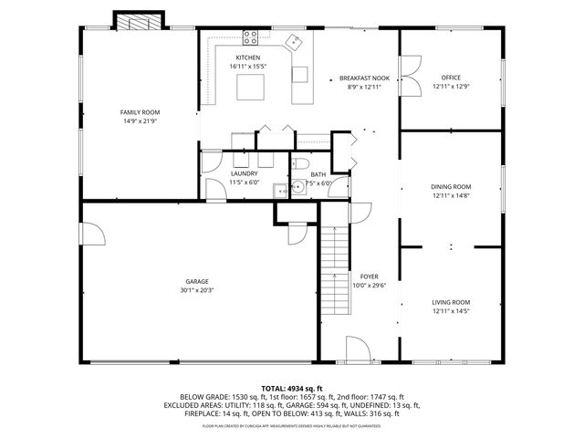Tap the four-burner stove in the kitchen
tap(252, 38)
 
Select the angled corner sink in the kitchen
tap(296, 41)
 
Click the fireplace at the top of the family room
tap(139, 22)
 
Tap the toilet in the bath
tap(301, 165)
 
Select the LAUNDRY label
tap(244, 173)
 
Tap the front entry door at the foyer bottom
tap(358, 349)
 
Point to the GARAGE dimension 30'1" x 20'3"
tap(197, 290)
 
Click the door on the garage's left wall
tap(88, 235)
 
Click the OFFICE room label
tap(451, 78)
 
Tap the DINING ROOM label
tap(451, 186)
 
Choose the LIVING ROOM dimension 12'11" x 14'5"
tap(451, 311)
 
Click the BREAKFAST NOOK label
tap(364, 78)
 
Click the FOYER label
tap(369, 276)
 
